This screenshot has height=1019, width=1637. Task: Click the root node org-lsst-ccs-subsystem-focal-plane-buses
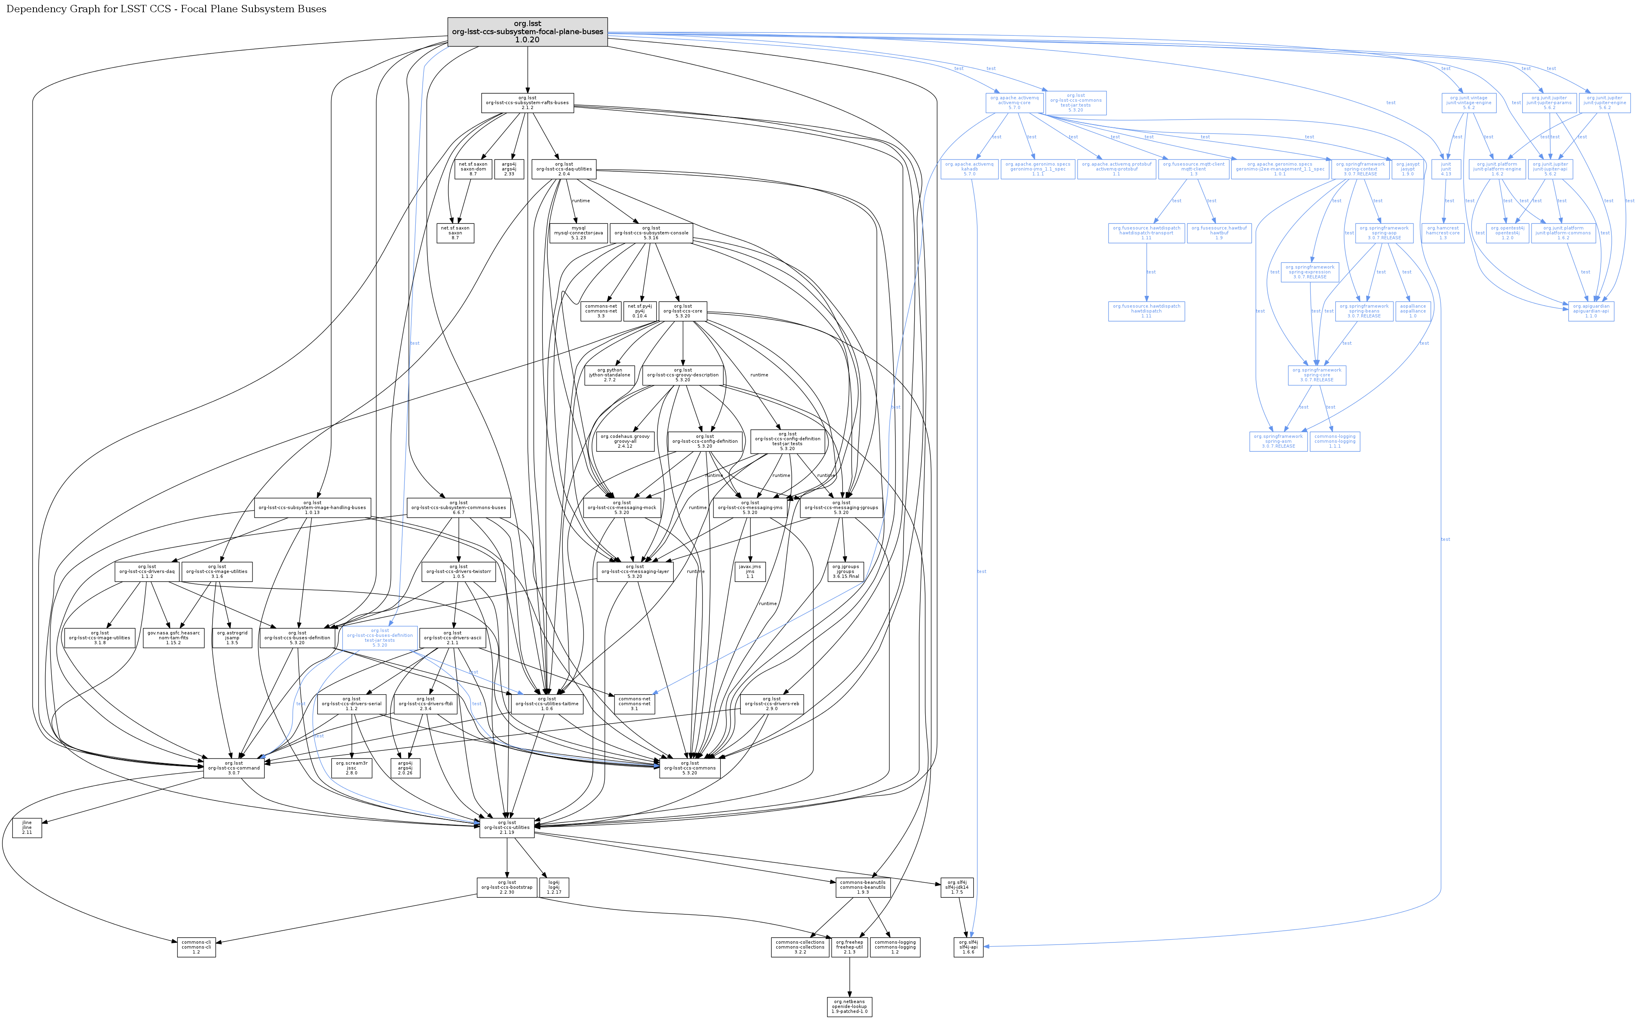[527, 32]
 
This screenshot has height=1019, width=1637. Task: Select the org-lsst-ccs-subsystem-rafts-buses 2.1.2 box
[527, 103]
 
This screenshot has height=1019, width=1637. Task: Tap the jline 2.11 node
[27, 828]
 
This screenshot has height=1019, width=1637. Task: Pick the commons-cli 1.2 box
[196, 947]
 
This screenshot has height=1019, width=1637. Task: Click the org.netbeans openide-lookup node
[849, 1006]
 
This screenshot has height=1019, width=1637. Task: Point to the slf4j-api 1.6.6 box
[968, 947]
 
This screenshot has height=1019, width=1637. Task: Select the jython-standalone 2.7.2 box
[610, 375]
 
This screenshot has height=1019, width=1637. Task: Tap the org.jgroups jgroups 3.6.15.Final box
[845, 571]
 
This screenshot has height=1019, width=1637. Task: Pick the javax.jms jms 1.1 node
[750, 571]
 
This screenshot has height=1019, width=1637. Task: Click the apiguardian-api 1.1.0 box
[1591, 311]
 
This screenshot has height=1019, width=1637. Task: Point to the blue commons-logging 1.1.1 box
[1334, 442]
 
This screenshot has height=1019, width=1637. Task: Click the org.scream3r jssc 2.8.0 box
[351, 768]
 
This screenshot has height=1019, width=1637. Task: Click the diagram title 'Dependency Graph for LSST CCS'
[166, 9]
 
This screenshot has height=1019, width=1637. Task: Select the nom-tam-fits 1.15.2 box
[173, 638]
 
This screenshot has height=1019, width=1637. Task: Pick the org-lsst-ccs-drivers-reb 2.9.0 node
[771, 704]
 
